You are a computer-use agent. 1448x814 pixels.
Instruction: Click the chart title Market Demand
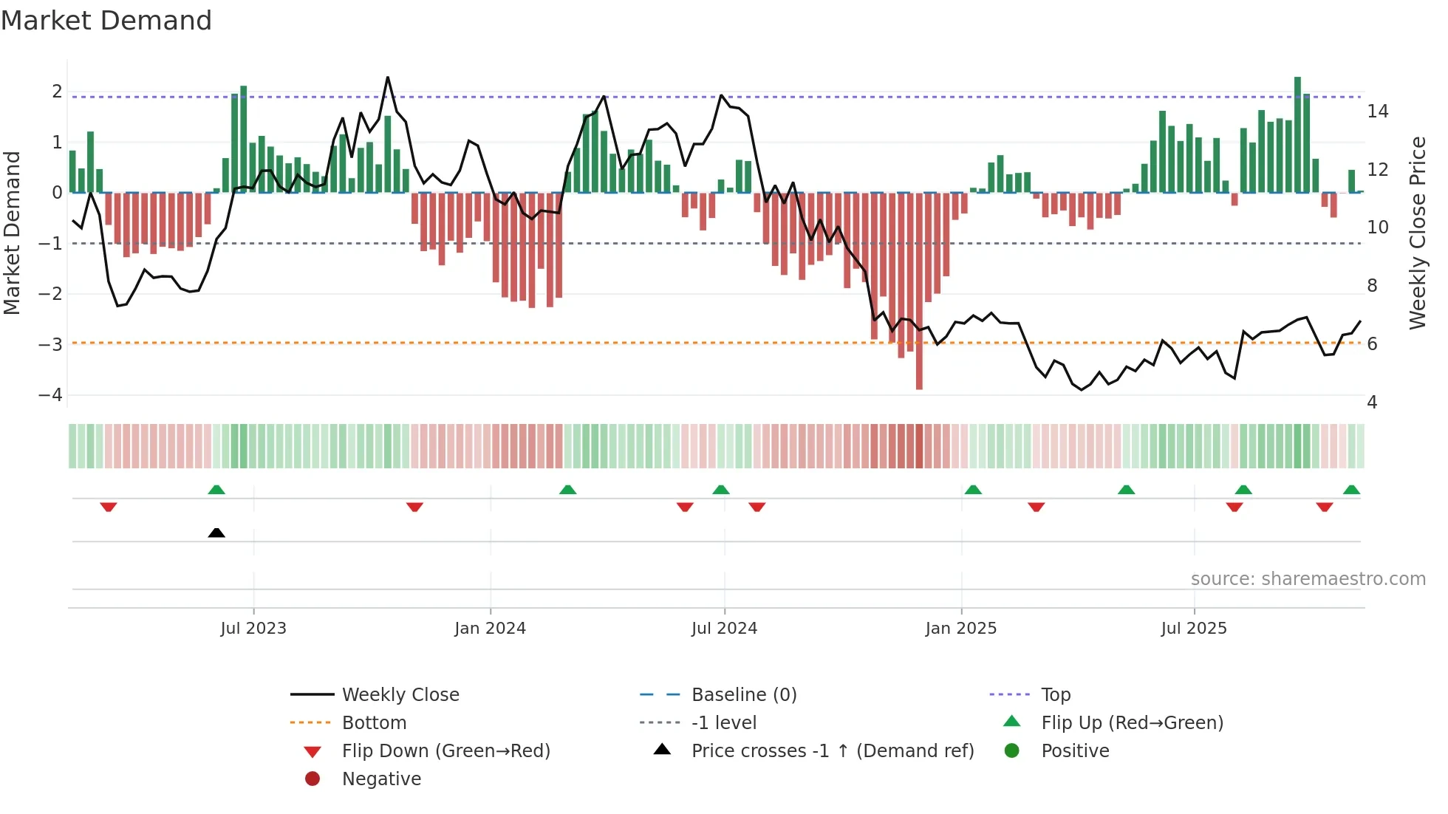tap(106, 21)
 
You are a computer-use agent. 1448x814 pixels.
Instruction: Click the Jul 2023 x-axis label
tap(253, 629)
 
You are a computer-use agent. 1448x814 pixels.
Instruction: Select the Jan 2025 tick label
tap(960, 629)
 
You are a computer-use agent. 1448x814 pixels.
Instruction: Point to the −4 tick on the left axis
tap(50, 395)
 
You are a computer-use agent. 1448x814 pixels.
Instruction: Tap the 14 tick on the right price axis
tap(1377, 112)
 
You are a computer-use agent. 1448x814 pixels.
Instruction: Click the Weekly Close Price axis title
tap(1417, 233)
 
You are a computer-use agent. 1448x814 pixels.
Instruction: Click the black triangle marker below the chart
tap(216, 533)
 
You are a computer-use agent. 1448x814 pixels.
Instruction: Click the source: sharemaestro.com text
tap(1308, 579)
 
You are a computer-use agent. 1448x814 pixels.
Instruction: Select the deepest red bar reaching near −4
tap(919, 291)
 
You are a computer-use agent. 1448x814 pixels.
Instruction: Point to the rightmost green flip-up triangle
tap(1351, 490)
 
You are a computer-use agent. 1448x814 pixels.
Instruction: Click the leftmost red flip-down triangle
tap(109, 507)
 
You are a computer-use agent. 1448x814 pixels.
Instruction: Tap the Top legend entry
tap(1055, 695)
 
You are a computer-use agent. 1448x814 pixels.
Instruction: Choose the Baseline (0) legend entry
tap(743, 695)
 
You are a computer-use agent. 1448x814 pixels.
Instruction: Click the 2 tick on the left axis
tap(57, 92)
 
